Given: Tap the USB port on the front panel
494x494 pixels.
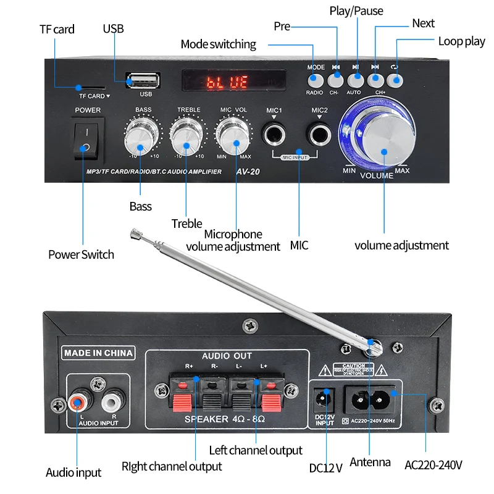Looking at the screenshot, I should click(144, 81).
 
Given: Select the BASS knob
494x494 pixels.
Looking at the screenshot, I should click(141, 137).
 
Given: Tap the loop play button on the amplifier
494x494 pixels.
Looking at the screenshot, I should click(395, 79).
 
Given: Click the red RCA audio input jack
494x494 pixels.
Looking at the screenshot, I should click(78, 404).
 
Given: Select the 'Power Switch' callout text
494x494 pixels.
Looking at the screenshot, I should click(81, 254).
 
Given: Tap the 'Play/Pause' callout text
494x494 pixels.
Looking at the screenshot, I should click(356, 11).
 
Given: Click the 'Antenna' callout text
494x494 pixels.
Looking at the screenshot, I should click(370, 462).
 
